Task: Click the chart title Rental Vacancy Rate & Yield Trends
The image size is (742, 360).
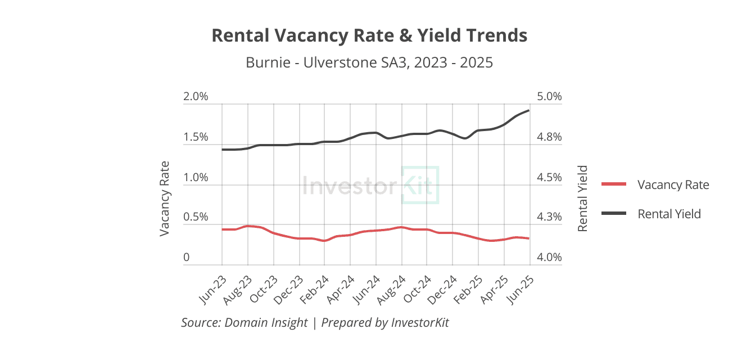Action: coord(369,35)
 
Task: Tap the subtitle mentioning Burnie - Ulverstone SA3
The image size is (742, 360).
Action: coord(369,62)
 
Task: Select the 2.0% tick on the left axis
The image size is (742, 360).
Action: coord(196,96)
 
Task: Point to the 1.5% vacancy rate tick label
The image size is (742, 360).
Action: coord(196,137)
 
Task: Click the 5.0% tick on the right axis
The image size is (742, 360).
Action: coord(549,96)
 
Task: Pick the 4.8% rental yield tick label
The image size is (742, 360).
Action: coord(549,137)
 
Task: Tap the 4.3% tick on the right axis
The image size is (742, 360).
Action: coord(549,217)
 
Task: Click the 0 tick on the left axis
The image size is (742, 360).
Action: coord(187,258)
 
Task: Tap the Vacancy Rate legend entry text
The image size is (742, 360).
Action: coord(673,184)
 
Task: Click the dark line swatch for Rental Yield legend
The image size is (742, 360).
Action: coord(614,214)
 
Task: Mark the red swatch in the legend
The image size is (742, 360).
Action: coord(614,184)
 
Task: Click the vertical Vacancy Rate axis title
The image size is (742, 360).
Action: coord(165,199)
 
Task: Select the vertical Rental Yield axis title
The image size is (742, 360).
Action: coord(583,199)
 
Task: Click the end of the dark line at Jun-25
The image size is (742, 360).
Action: coord(528,110)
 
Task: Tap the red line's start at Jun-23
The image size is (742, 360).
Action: coord(223,229)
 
